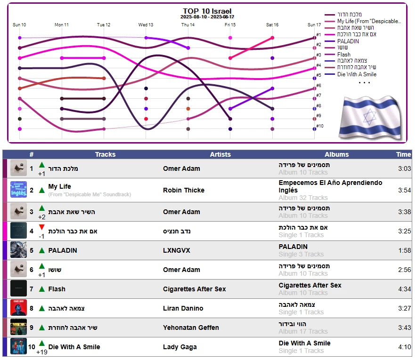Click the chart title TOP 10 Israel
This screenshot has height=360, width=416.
[207, 11]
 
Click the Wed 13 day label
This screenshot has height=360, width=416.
[146, 25]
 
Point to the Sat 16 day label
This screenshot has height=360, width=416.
[272, 25]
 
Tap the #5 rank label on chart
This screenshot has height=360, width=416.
[319, 75]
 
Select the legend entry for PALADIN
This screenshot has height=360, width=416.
[348, 41]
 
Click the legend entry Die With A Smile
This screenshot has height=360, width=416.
[356, 74]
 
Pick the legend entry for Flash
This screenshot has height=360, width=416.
[344, 55]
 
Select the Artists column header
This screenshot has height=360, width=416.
[220, 154]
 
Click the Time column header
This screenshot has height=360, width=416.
[403, 154]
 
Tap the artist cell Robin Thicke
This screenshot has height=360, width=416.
[184, 191]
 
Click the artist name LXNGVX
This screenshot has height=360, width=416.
[177, 250]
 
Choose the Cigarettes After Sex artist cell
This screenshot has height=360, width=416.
[194, 289]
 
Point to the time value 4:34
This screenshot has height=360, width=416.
[404, 289]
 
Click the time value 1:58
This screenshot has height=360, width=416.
[404, 250]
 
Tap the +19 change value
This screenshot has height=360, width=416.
[41, 352]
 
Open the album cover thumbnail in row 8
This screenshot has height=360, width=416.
[19, 308]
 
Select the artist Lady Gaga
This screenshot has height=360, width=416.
[179, 347]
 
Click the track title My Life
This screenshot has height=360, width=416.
[59, 187]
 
